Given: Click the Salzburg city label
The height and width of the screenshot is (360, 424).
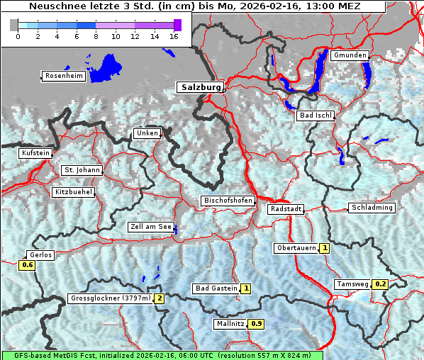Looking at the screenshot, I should tap(200, 87).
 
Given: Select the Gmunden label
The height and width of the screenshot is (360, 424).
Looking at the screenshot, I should tap(350, 55).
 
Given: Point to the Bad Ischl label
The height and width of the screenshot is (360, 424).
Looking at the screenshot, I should tap(315, 116).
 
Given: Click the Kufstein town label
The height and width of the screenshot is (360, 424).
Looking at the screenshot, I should tap(35, 153).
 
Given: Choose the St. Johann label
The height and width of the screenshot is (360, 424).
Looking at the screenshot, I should tap(82, 170).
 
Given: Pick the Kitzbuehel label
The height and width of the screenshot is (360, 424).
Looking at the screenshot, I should tap(73, 192).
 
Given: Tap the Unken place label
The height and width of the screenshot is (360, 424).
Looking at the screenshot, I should tap(147, 133).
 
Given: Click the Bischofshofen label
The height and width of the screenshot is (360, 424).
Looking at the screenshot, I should tap(228, 201).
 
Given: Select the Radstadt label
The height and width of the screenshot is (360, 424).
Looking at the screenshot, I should tap(286, 210).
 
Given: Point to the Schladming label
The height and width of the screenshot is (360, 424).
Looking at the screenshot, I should tap(371, 208).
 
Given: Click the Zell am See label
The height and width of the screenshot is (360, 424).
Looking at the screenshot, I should tap(150, 227).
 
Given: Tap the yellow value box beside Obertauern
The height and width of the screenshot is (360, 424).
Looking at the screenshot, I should tap(324, 248).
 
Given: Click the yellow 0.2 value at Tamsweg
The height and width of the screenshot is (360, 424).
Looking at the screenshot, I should tap(381, 284).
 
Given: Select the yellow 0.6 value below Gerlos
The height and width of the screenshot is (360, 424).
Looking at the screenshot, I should tap(28, 265).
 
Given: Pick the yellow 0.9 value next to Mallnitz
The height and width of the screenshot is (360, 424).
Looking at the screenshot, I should tap(257, 324).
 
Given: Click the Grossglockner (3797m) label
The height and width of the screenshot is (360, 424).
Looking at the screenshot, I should tap(111, 298).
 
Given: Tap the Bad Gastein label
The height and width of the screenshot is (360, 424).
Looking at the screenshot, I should tap(216, 288).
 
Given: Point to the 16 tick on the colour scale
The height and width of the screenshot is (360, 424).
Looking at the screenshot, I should tap(173, 36).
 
